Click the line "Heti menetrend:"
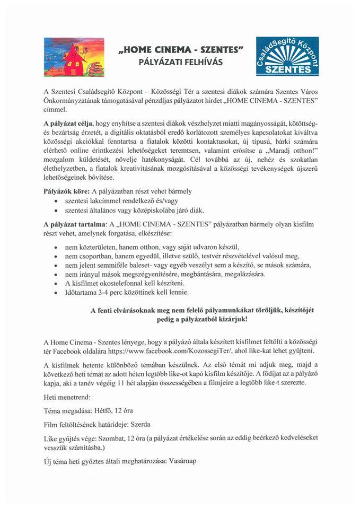[67, 396]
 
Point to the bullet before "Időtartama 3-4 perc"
[56, 292]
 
